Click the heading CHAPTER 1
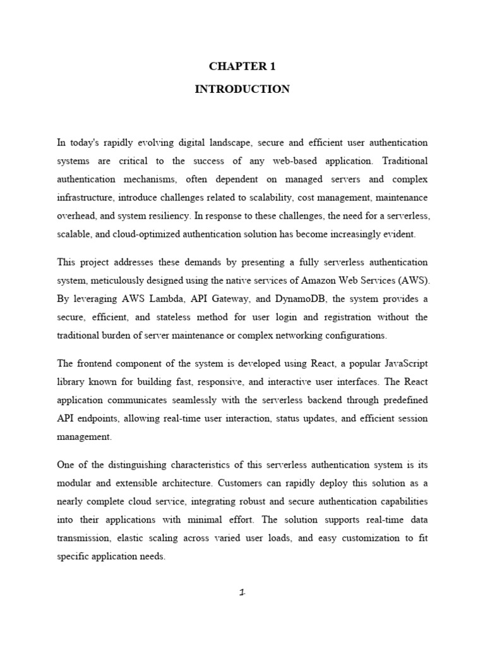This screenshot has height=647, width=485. coord(242,66)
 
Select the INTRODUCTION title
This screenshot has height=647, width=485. coord(242,89)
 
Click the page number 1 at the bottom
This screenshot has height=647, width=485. coord(242,593)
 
